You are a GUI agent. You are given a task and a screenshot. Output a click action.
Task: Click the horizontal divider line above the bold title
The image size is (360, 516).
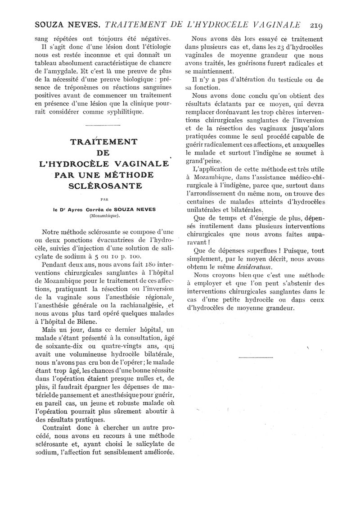click(102, 125)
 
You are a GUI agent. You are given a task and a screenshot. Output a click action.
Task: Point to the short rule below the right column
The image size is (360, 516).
click(255, 358)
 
